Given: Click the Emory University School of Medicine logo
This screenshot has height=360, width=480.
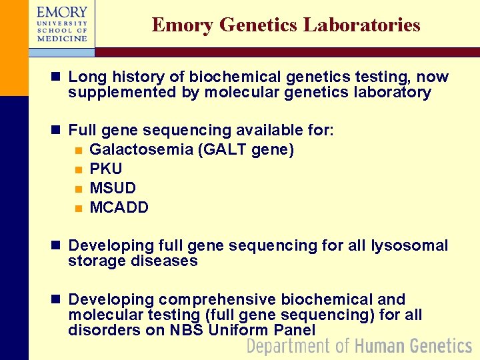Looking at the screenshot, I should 62,24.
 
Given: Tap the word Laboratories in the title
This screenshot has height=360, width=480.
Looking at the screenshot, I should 362,25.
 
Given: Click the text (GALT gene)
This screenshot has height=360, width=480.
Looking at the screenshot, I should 246,149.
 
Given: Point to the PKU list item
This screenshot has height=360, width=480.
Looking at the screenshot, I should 105,169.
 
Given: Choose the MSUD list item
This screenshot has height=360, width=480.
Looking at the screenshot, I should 113,188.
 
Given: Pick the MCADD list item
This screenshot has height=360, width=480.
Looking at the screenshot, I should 119,207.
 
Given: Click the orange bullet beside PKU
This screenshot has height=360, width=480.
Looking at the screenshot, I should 78,169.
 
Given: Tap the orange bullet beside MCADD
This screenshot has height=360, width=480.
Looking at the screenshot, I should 78,208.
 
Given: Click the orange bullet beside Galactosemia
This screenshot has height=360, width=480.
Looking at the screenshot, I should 78,150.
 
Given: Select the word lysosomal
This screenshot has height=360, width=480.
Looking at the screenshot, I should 410,245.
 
